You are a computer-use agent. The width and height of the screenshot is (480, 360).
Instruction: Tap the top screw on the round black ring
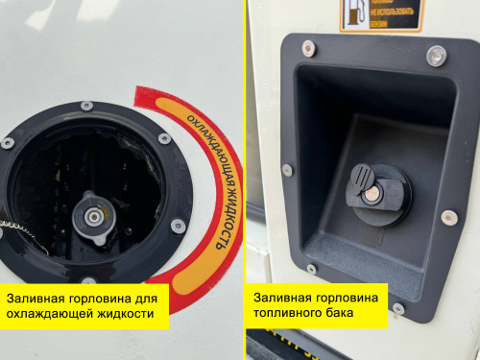tap(86, 106)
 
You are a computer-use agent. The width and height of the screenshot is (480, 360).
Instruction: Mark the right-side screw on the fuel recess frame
tap(449, 218)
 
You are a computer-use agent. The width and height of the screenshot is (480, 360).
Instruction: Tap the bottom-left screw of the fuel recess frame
tap(309, 268)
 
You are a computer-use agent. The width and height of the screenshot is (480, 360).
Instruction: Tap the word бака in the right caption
tap(338, 313)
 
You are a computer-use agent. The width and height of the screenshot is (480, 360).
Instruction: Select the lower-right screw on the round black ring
tap(179, 227)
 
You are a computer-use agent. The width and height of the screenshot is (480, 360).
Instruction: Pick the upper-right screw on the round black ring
tap(165, 139)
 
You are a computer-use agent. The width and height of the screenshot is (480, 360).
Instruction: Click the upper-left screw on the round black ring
tap(8, 142)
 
